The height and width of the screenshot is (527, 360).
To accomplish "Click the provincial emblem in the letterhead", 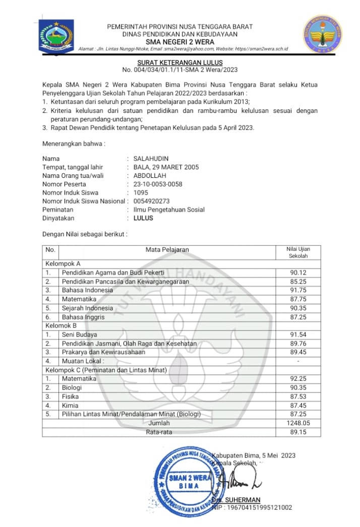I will [x=56, y=35].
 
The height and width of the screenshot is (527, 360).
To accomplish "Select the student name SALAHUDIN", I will [x=151, y=159].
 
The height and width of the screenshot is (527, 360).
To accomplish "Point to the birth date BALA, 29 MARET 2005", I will [x=166, y=167].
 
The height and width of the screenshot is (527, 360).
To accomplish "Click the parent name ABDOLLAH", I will [x=150, y=176].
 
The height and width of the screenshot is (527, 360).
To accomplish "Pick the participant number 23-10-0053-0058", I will [x=158, y=184].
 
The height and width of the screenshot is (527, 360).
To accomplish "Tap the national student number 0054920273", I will [x=152, y=202].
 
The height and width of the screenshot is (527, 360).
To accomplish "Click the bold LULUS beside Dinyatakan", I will [x=143, y=219].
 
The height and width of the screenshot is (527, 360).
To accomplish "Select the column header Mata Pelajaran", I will [x=167, y=249].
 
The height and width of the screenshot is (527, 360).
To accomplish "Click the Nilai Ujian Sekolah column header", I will [x=298, y=252].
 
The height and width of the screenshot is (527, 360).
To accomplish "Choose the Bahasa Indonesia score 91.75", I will [x=298, y=290].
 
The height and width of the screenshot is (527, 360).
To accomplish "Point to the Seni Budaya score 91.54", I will [x=298, y=335].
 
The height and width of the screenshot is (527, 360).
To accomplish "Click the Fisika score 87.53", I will [x=298, y=397].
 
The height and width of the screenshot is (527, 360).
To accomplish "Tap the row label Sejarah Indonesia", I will [x=87, y=308].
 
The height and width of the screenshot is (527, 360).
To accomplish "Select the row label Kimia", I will [x=70, y=405].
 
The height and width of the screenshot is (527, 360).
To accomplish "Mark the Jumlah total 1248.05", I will [x=298, y=423].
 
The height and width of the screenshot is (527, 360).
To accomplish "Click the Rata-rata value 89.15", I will [x=298, y=432].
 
